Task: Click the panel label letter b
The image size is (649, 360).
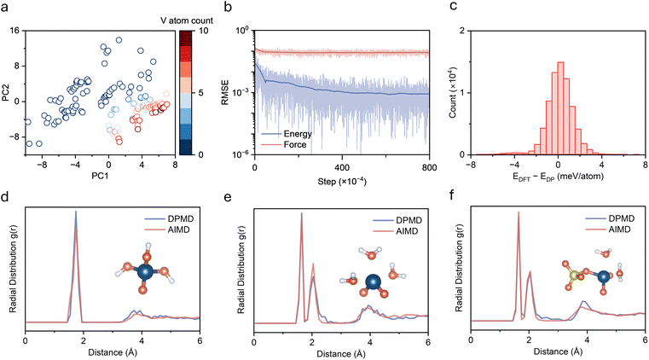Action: click(x=227, y=7)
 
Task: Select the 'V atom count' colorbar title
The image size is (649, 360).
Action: click(x=187, y=20)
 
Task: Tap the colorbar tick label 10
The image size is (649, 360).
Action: click(x=204, y=31)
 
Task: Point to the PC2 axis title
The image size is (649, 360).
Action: click(x=7, y=93)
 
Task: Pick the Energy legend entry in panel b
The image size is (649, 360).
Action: click(x=287, y=134)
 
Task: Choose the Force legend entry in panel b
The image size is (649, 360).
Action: click(x=284, y=144)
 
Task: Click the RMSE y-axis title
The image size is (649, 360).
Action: click(x=225, y=93)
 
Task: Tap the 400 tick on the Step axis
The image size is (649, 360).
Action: click(x=342, y=167)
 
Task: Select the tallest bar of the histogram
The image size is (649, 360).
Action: click(x=561, y=108)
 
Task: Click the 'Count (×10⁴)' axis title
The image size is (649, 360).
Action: click(x=453, y=93)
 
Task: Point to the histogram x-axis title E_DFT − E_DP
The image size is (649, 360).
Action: click(x=558, y=177)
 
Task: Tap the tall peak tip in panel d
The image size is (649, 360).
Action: click(x=76, y=212)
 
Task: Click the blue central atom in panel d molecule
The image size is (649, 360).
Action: click(x=145, y=272)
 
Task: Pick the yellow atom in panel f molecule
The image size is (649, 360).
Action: click(x=573, y=276)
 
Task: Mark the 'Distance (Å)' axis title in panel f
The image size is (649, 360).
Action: click(x=558, y=351)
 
